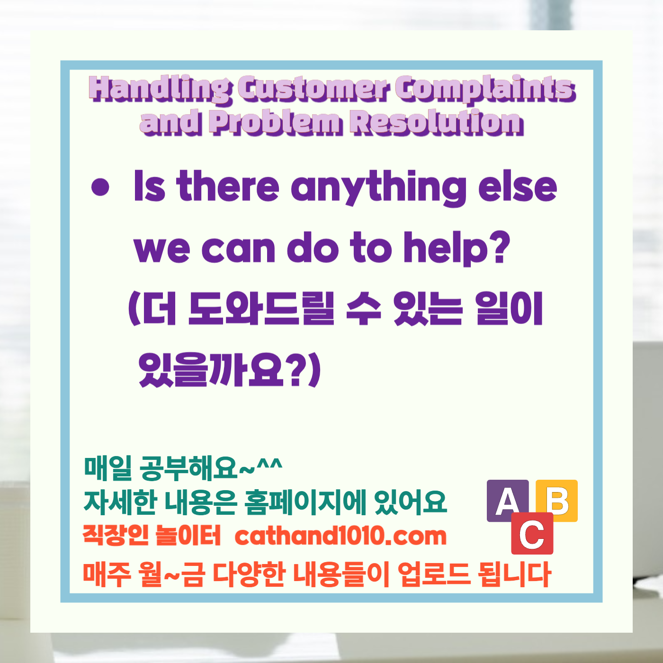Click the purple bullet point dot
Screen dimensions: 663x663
point(100,187)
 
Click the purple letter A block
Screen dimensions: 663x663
point(508,501)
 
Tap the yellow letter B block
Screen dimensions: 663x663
point(558,500)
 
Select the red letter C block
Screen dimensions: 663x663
point(532,534)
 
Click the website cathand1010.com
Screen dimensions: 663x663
point(340,536)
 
